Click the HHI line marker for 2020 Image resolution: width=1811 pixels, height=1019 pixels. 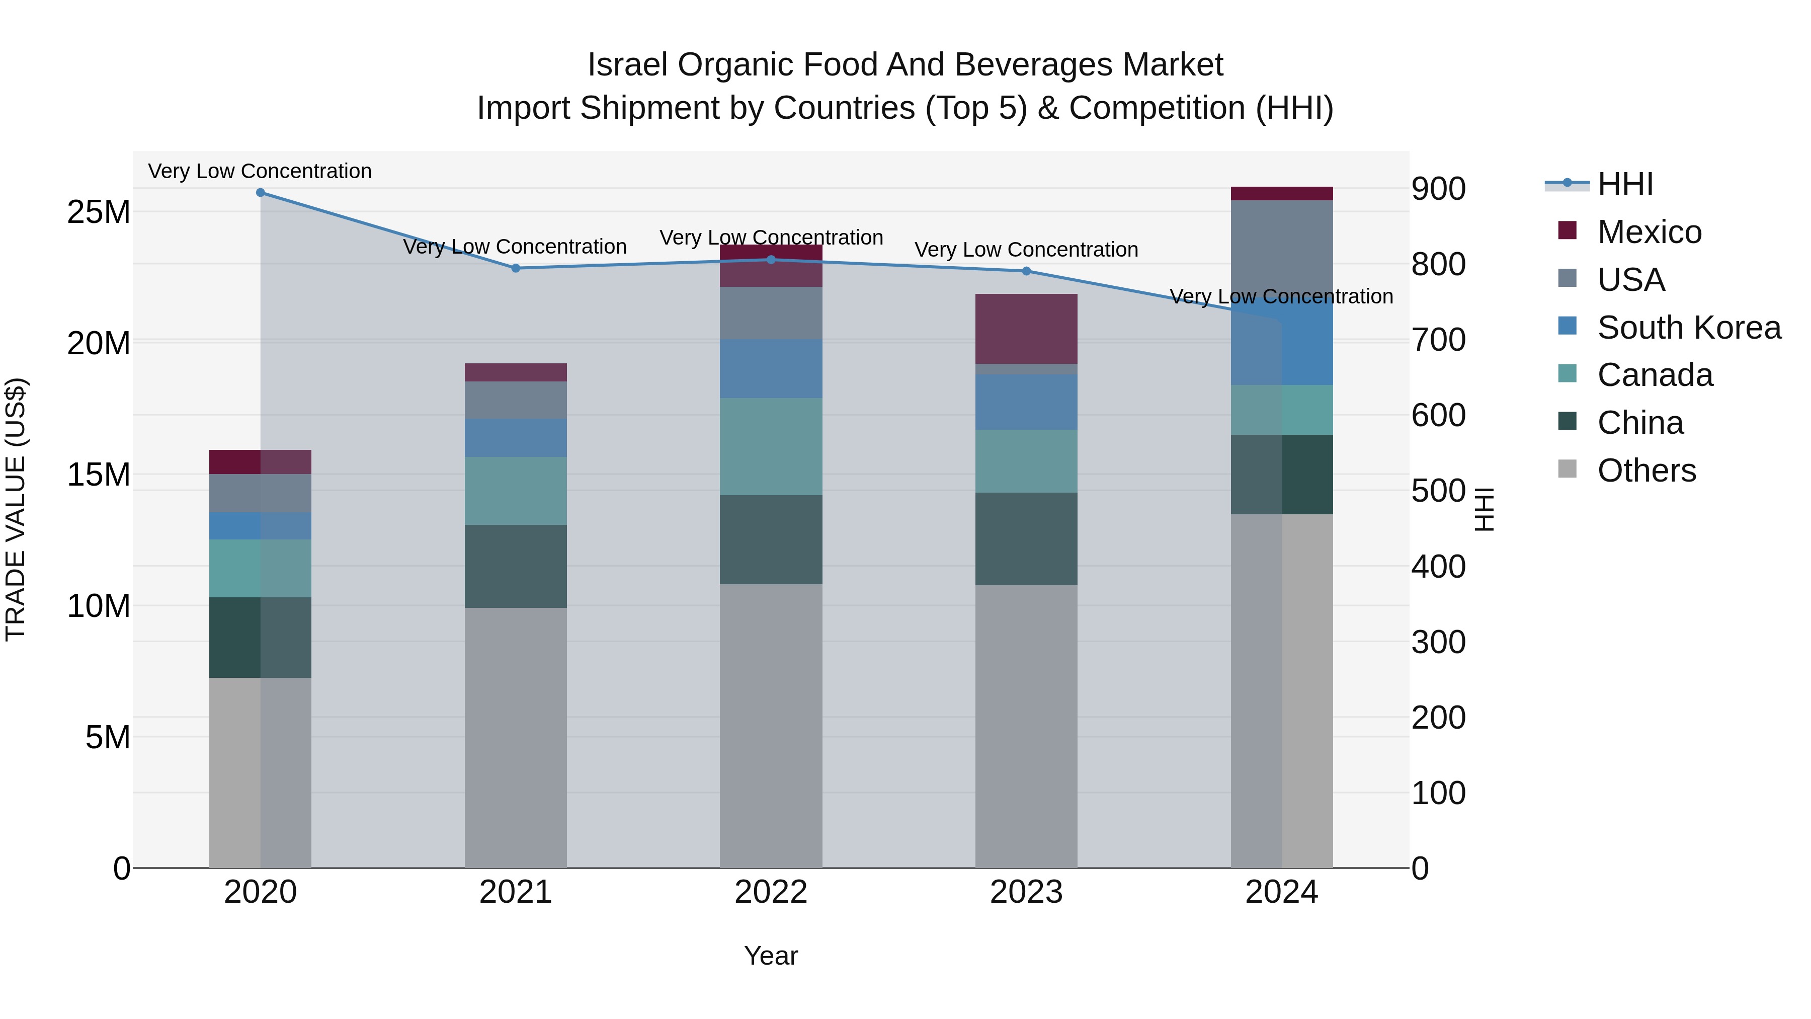coord(260,193)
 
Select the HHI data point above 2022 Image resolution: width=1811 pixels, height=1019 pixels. coord(771,260)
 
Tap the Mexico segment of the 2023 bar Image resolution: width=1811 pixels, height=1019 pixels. coord(1026,329)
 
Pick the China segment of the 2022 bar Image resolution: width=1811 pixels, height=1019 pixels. coord(771,539)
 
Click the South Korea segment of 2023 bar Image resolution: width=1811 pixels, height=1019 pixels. coord(1026,402)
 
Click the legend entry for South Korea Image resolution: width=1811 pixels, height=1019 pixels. coord(1688,328)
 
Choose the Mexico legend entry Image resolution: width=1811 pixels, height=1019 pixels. coord(1649,232)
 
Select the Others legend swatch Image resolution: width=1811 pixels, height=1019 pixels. coord(1567,469)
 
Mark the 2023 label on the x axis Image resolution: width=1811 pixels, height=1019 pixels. coord(1026,892)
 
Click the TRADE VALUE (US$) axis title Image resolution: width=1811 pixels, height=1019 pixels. coord(16,509)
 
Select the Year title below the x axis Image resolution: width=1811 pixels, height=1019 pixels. coord(771,956)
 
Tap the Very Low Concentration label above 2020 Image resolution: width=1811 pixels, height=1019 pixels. coord(260,171)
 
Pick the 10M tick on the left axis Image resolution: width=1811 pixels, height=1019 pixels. coord(99,605)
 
